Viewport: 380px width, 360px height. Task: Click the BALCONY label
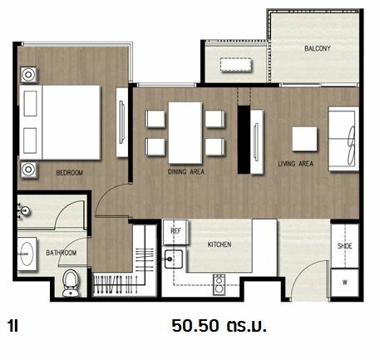(318, 48)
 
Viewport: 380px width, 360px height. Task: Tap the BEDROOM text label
(70, 173)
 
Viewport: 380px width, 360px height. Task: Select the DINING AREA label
(186, 172)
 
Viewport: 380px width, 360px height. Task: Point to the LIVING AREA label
(296, 164)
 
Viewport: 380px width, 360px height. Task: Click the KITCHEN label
(220, 244)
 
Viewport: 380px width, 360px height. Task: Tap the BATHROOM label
(62, 253)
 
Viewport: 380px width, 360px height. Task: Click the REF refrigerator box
(175, 232)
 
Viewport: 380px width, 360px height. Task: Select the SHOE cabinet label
(345, 246)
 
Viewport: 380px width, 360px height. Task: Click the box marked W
(345, 283)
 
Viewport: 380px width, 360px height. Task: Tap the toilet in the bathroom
(70, 284)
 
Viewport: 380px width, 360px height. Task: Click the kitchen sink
(174, 259)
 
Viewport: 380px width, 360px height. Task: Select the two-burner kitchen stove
(219, 284)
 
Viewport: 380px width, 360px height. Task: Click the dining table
(185, 133)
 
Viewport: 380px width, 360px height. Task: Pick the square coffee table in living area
(304, 139)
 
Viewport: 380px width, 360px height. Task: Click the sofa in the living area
(343, 139)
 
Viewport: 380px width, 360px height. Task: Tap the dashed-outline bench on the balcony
(236, 65)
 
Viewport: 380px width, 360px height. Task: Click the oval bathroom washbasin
(27, 254)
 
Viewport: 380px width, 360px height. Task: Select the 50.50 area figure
(195, 326)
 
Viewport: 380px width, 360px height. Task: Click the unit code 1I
(13, 326)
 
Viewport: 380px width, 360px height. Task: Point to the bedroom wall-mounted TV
(121, 122)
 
